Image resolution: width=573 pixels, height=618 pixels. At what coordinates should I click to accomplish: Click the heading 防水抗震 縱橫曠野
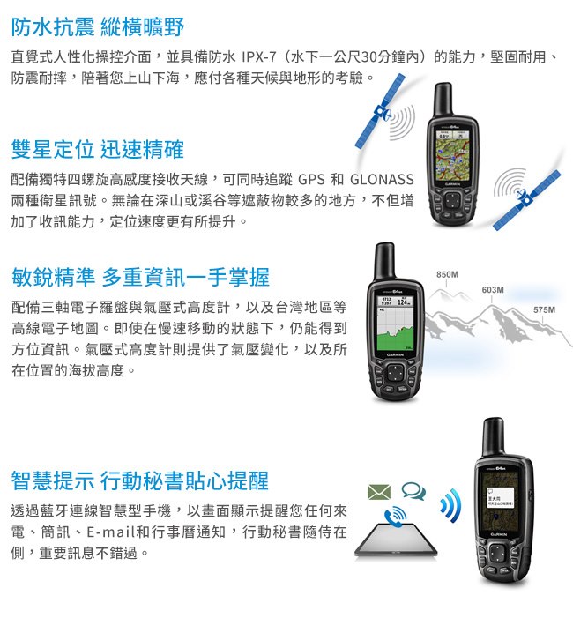click(x=98, y=26)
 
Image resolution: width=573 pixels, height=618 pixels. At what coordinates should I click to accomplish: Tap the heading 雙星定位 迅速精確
click(x=97, y=149)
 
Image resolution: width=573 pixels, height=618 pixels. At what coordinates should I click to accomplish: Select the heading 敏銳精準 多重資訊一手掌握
click(x=140, y=277)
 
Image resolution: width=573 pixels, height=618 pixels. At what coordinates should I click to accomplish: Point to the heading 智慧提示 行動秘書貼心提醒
click(x=139, y=480)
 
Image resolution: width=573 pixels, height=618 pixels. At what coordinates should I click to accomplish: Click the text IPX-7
click(x=259, y=57)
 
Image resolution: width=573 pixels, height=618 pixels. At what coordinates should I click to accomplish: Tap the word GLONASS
click(x=382, y=180)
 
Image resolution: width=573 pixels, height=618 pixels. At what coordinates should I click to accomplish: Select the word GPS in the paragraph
click(x=311, y=180)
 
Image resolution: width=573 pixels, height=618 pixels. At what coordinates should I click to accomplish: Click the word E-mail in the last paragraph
click(x=110, y=532)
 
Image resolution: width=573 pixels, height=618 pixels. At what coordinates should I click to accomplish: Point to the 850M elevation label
click(x=447, y=274)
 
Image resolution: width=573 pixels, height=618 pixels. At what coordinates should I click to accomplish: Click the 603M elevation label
click(x=493, y=290)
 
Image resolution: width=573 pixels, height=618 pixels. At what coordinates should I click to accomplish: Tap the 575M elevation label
click(x=544, y=310)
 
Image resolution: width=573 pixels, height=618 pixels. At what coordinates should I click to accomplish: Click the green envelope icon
click(x=379, y=492)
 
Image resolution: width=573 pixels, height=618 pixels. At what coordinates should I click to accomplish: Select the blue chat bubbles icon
click(x=413, y=491)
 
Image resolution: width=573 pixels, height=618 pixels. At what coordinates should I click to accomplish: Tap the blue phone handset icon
click(x=395, y=517)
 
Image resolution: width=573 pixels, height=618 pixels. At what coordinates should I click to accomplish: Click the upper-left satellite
click(x=380, y=111)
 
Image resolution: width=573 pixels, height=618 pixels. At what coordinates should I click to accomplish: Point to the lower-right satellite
click(x=526, y=200)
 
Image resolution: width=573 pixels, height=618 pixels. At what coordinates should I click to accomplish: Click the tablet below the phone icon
click(x=396, y=540)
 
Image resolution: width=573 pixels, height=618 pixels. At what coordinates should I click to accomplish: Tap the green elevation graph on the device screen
click(x=395, y=339)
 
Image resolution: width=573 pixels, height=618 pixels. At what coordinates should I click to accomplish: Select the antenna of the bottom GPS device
click(x=494, y=437)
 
